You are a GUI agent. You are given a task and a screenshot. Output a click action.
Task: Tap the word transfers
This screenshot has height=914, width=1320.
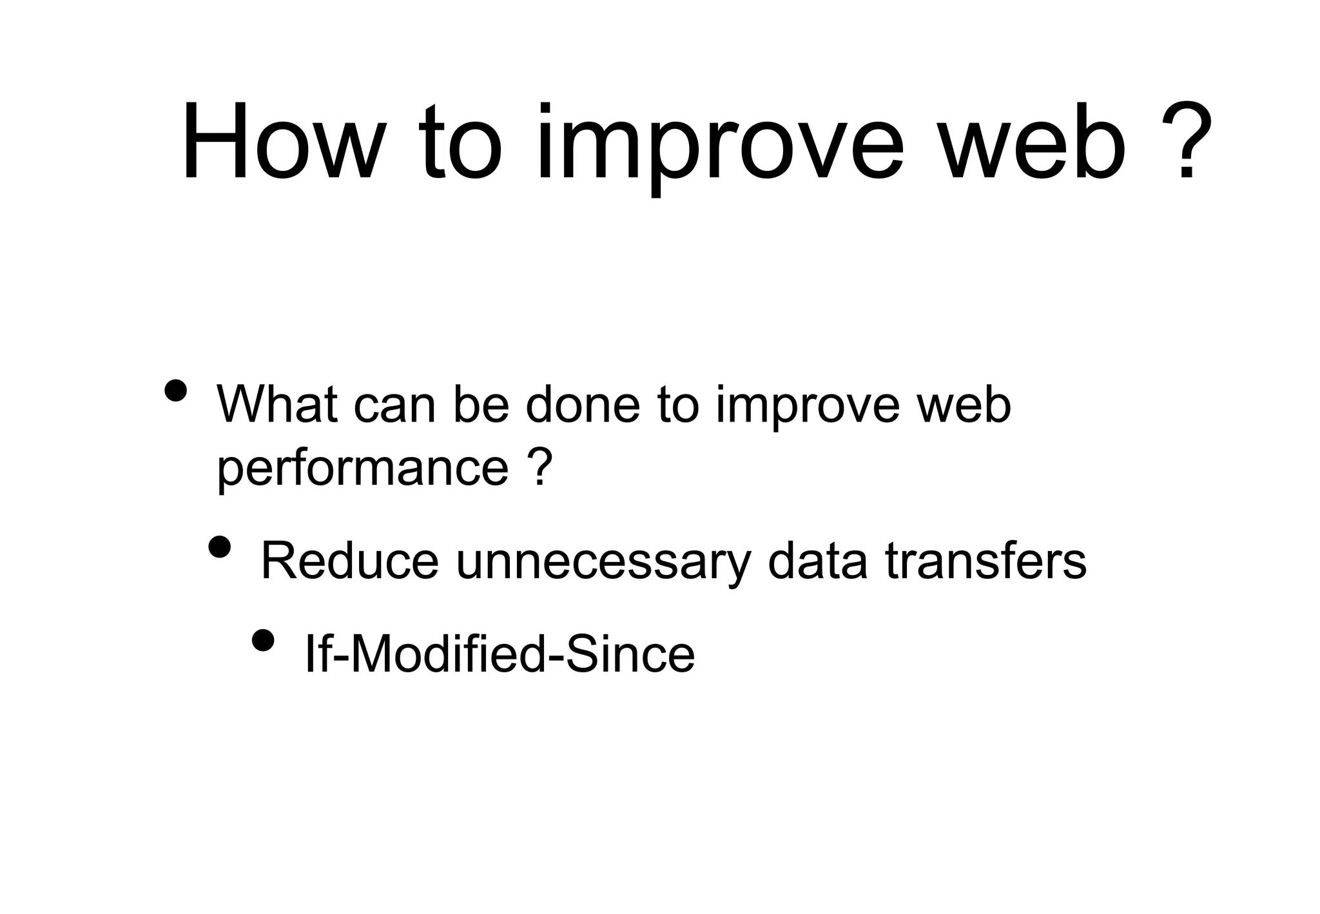click(986, 561)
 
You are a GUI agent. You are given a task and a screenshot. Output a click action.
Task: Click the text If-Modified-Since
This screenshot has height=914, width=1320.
click(499, 654)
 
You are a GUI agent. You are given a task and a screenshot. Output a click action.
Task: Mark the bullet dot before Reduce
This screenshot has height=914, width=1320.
click(220, 546)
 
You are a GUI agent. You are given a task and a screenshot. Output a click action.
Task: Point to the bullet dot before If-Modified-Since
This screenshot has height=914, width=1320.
click(263, 639)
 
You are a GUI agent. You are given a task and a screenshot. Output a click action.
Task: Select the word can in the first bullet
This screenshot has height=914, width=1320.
click(395, 407)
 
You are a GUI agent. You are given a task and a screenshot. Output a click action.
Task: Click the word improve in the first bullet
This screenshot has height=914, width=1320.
click(807, 407)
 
